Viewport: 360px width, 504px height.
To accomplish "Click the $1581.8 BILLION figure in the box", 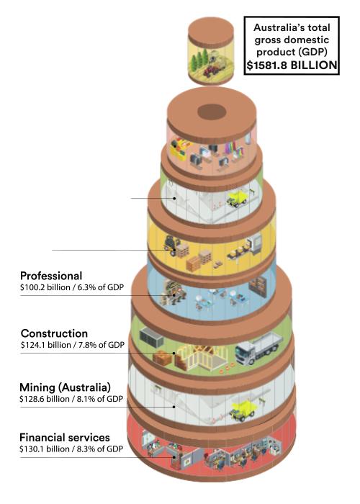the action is tap(292, 66).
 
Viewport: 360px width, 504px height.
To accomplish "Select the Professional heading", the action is tap(51, 276).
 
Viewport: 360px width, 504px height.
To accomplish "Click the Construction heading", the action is tap(54, 333).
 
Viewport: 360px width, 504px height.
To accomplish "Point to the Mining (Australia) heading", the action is tap(65, 387).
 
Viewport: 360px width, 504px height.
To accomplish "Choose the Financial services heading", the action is tap(65, 438).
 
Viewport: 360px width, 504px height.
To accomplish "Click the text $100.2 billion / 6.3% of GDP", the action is tap(72, 287).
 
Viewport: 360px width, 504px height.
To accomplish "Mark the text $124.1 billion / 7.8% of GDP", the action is tap(73, 345).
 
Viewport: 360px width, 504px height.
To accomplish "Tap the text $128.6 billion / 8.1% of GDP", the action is tap(71, 399).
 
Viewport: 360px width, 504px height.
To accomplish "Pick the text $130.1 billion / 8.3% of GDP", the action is tap(71, 449).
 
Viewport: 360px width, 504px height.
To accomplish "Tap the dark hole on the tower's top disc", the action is tap(212, 112).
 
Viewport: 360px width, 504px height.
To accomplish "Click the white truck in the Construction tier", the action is tap(258, 348).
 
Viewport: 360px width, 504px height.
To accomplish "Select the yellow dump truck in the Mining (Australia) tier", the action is tap(243, 410).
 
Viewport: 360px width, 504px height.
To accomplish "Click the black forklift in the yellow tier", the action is tap(171, 245).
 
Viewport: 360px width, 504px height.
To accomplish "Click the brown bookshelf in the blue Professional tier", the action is tap(258, 288).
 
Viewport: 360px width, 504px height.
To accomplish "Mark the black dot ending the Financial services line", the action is tap(174, 456).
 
